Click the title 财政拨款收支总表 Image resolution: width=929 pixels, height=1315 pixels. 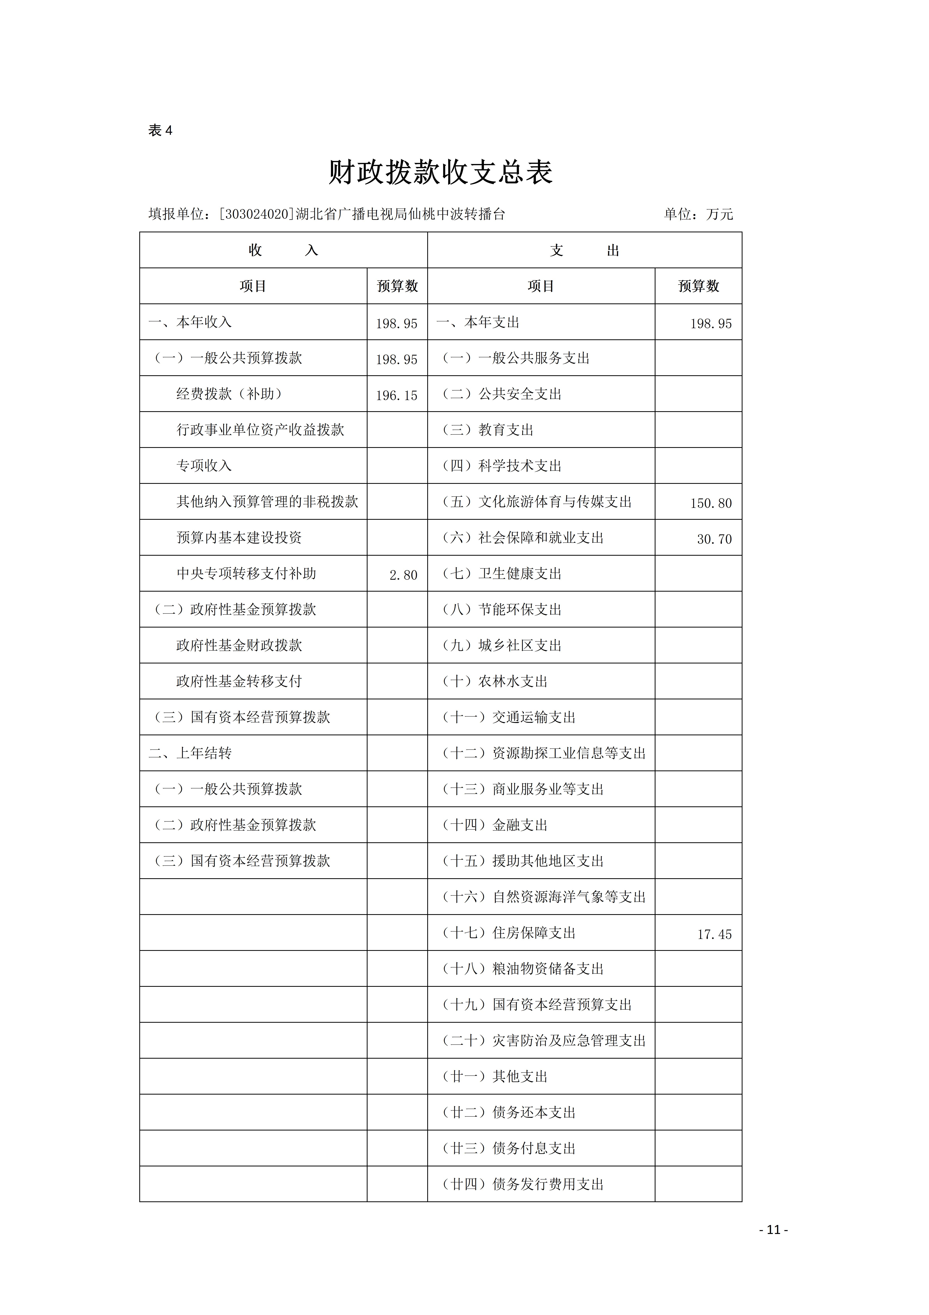(x=440, y=172)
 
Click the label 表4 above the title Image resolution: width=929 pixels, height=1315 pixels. (x=160, y=131)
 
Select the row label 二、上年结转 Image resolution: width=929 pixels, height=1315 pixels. (x=190, y=753)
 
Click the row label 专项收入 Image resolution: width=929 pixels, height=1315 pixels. (x=204, y=466)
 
